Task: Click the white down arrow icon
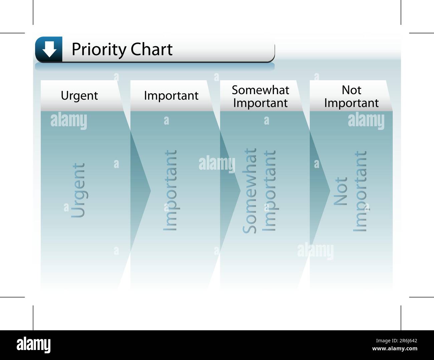click(49, 49)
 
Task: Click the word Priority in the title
click(99, 49)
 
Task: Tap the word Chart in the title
click(152, 49)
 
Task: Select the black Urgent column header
click(79, 96)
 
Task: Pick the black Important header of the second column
click(171, 96)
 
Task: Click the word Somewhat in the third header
click(260, 90)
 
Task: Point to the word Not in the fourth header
click(352, 90)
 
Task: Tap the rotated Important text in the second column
click(171, 190)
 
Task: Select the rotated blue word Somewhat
click(249, 191)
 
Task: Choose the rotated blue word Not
click(340, 191)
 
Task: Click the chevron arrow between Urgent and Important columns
click(141, 190)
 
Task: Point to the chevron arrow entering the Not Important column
click(320, 190)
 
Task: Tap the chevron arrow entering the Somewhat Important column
click(230, 190)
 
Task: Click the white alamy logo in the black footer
click(33, 345)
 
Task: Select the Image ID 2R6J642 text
click(396, 341)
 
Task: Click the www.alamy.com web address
click(395, 349)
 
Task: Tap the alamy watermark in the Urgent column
click(68, 121)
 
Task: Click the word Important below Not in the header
click(352, 103)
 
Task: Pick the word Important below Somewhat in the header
click(260, 103)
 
